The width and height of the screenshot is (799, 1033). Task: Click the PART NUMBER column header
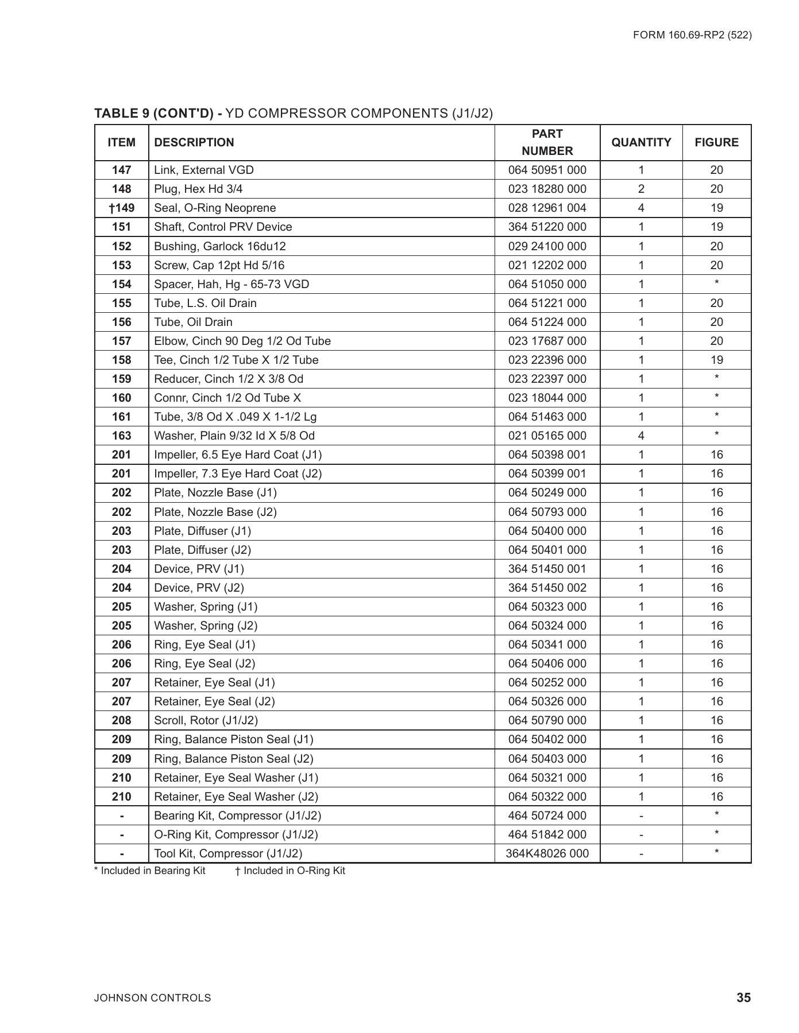tap(547, 142)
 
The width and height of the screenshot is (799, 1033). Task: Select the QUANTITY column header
tap(641, 142)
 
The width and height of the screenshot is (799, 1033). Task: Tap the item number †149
tap(121, 208)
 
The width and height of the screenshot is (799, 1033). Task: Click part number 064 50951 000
tap(547, 170)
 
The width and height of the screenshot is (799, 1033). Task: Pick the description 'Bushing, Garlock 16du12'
tap(220, 246)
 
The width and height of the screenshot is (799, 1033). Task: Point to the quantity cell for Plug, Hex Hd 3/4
tap(641, 189)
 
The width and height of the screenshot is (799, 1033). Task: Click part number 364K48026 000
tap(547, 853)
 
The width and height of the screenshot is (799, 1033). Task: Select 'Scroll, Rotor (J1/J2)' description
tap(206, 720)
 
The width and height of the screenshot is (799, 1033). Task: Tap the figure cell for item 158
tap(716, 360)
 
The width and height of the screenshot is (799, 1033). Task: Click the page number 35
tap(743, 998)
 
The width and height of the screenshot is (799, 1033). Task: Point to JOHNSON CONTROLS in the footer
tap(153, 998)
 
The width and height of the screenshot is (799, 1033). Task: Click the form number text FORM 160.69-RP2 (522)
tap(692, 35)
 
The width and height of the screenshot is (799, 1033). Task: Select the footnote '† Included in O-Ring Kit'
tap(290, 871)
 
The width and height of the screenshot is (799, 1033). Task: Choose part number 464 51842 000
tap(547, 834)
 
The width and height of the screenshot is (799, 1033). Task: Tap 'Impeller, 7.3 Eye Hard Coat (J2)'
tap(238, 473)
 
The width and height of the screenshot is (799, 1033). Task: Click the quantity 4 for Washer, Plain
tap(641, 436)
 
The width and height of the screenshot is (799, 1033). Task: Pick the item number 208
tap(121, 720)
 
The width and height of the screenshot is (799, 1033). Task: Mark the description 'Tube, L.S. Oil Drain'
tap(205, 303)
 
